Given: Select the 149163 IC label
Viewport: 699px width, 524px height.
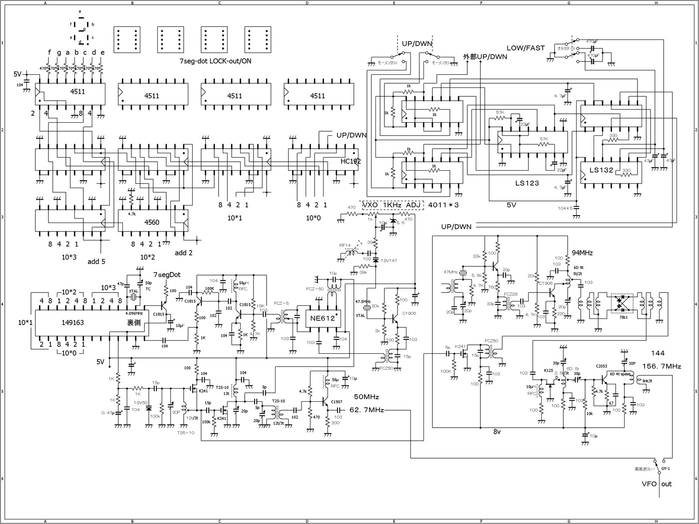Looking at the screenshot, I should click(x=73, y=322).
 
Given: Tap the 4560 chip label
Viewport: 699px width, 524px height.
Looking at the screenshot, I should click(x=151, y=222).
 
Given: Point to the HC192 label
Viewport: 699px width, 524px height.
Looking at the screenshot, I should click(x=350, y=161).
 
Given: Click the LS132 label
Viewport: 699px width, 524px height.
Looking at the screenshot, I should click(x=601, y=170).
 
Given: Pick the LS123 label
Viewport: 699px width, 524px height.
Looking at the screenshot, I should click(x=527, y=183).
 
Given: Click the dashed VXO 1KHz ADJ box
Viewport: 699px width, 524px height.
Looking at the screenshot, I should click(x=392, y=205).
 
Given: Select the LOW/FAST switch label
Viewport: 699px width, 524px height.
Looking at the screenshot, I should click(x=526, y=48).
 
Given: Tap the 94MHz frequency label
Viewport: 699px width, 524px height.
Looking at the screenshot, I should click(x=582, y=253).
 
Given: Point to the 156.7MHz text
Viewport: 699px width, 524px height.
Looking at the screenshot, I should click(x=662, y=366).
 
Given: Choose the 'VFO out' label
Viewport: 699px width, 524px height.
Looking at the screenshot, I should click(x=657, y=484).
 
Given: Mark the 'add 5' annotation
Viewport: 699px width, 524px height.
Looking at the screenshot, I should click(x=96, y=261).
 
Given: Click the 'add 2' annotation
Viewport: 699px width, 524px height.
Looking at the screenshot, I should click(x=184, y=253).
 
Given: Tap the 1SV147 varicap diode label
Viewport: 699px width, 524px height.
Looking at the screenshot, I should click(x=389, y=261).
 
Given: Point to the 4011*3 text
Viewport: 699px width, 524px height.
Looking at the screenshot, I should click(x=444, y=205).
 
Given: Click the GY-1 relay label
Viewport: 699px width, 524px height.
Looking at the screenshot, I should click(x=666, y=469).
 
